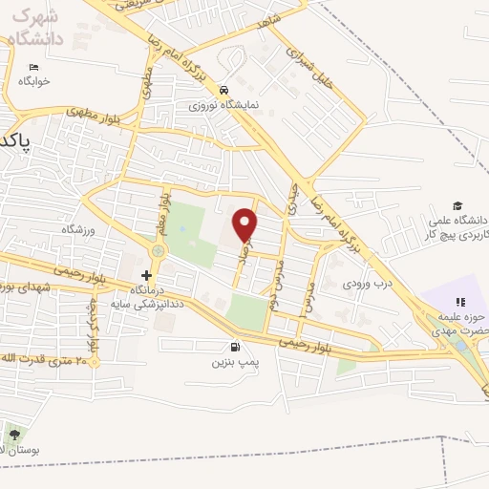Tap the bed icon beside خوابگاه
click(34, 67)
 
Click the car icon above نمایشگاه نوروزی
click(223, 89)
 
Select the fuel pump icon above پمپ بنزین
click(235, 348)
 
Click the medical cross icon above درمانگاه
click(146, 275)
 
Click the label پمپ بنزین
click(235, 363)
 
